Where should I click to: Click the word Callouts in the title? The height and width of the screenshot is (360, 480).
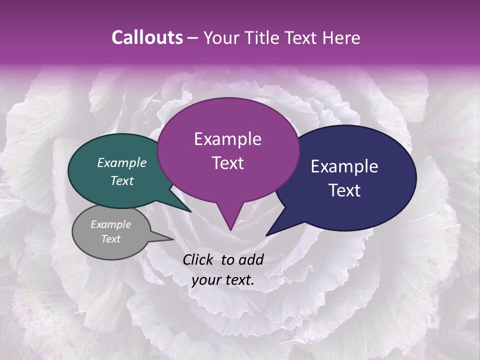[x=147, y=37]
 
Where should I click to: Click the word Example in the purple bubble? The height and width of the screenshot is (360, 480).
[x=227, y=139]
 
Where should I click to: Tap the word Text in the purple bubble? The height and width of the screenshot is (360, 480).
[x=227, y=163]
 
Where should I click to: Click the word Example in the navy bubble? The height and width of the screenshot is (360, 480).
[x=344, y=166]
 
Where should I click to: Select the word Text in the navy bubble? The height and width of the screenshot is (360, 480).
[x=344, y=190]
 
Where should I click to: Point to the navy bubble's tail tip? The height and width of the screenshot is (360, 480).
[x=266, y=235]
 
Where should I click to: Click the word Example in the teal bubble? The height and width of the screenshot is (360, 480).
[x=122, y=163]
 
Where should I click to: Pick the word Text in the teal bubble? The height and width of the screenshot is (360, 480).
[x=122, y=180]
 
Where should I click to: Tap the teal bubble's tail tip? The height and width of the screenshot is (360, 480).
[x=191, y=212]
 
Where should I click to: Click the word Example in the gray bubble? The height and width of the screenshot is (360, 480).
[x=111, y=224]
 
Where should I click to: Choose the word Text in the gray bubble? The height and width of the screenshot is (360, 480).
[x=111, y=239]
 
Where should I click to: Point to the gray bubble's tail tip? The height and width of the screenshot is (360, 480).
[x=173, y=239]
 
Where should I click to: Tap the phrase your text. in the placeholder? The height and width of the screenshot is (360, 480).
[x=223, y=280]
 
